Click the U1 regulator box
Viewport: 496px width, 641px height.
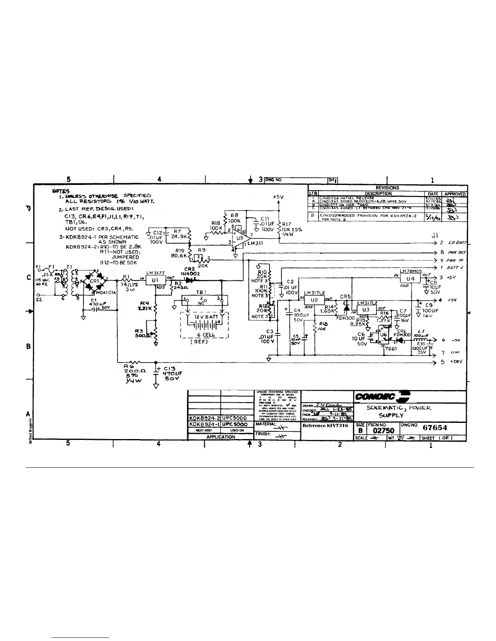pos(155,280)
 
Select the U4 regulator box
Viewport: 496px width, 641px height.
pos(410,279)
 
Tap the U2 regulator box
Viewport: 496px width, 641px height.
pos(314,300)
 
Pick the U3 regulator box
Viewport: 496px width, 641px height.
pos(366,310)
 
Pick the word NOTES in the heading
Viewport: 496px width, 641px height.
pos(61,191)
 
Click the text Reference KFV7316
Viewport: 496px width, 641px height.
pos(325,425)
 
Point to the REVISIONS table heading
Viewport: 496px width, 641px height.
pos(387,188)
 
